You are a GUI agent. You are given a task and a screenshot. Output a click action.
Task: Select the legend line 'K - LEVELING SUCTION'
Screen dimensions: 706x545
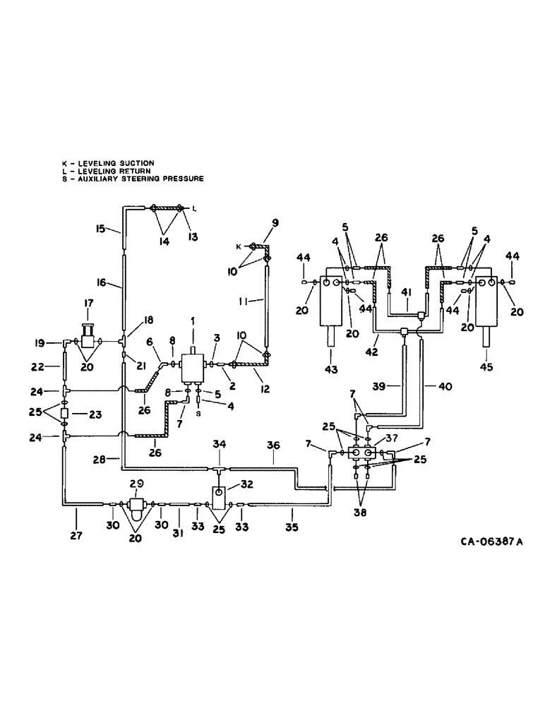coord(108,164)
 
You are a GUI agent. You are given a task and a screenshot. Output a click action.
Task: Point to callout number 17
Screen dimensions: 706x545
coord(89,304)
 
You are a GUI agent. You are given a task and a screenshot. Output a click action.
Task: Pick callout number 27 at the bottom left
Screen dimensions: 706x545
coord(76,536)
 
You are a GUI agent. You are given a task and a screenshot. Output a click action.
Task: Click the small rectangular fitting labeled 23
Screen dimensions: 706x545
coord(64,413)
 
